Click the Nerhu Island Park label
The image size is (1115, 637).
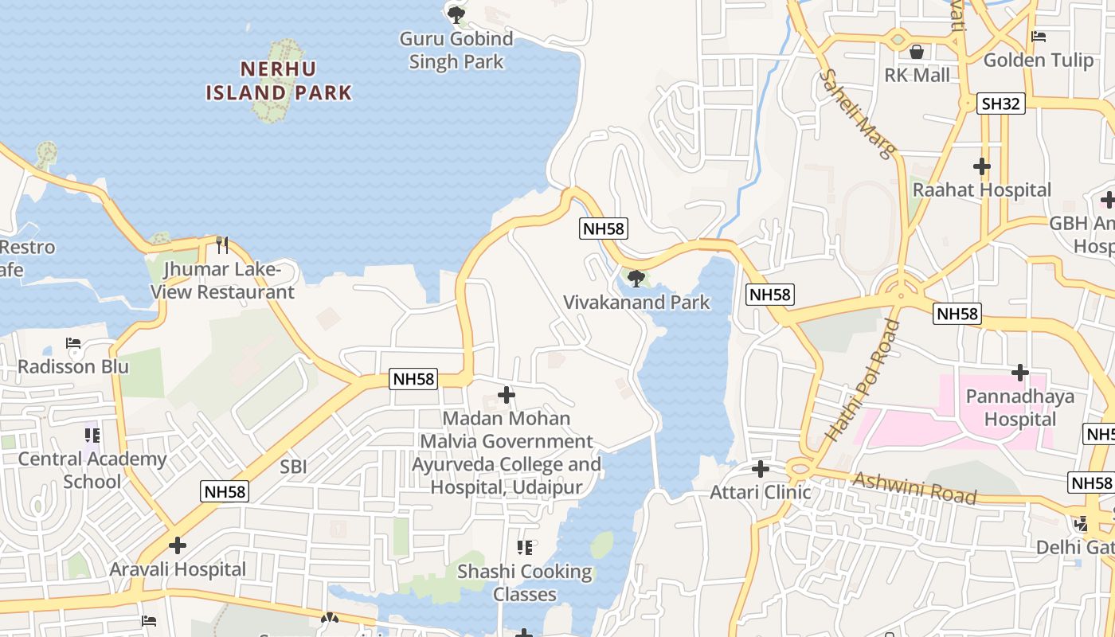(279, 80)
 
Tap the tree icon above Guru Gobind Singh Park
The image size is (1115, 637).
(456, 14)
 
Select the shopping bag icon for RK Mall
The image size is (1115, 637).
(917, 52)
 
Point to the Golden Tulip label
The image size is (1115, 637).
(1037, 60)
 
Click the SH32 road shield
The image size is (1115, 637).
(1001, 104)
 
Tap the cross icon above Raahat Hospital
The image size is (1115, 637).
(981, 166)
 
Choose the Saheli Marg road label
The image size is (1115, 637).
(859, 113)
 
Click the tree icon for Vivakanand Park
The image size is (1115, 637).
(636, 278)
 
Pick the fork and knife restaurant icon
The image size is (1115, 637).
(222, 244)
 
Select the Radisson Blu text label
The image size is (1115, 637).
(73, 367)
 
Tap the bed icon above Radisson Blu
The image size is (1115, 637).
(73, 344)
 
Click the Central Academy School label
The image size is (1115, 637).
(92, 470)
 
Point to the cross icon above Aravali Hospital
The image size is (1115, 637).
(178, 545)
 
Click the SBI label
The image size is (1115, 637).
(293, 467)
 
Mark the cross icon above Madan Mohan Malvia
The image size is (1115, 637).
(506, 394)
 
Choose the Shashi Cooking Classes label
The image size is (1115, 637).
(525, 583)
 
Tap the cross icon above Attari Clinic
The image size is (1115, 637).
(760, 469)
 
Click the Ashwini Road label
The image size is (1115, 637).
(914, 487)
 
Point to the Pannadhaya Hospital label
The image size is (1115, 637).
(1019, 408)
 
